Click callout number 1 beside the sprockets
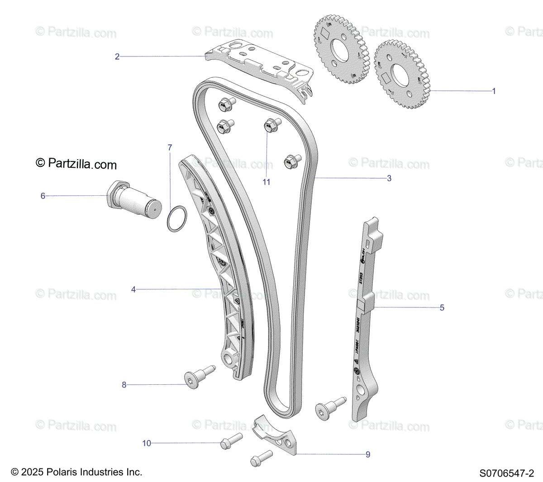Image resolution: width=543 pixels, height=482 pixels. click(x=494, y=91)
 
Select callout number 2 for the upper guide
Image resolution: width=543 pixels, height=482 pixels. click(x=117, y=57)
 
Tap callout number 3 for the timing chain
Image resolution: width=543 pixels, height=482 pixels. click(x=389, y=178)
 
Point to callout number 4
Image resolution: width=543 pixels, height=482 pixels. click(x=133, y=289)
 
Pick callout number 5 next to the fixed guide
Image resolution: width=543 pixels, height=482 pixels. click(x=442, y=307)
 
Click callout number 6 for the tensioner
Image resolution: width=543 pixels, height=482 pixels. click(x=43, y=196)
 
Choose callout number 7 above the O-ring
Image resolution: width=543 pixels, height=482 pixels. click(x=170, y=147)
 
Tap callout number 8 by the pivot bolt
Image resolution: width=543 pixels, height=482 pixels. click(x=124, y=385)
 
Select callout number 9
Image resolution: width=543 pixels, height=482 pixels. click(x=368, y=454)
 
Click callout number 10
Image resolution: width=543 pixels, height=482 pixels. click(x=147, y=443)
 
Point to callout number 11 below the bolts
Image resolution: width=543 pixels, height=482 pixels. click(x=267, y=182)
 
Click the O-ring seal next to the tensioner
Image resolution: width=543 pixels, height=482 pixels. click(x=176, y=219)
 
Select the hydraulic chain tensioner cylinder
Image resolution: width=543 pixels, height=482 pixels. click(x=134, y=202)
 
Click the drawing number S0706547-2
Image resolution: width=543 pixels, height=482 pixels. click(x=507, y=473)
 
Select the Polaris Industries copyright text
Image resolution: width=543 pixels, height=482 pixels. click(x=76, y=472)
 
